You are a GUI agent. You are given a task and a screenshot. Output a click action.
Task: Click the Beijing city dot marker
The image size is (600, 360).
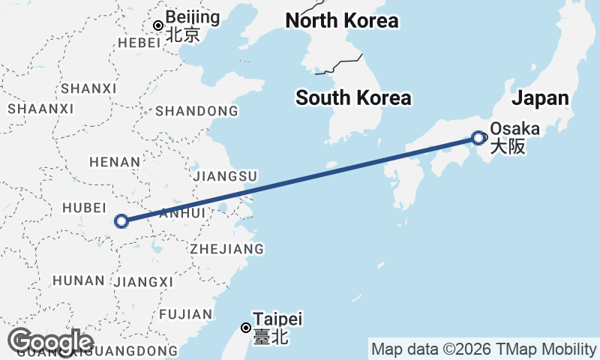point(158,25)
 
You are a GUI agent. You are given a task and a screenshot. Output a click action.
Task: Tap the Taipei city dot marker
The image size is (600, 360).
point(245,328)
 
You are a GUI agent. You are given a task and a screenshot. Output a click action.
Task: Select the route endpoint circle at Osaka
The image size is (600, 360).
point(478,137)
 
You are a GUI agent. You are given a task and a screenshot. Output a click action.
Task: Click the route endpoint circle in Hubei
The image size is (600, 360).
point(121,221)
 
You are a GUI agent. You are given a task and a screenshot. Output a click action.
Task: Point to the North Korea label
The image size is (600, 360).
point(342,20)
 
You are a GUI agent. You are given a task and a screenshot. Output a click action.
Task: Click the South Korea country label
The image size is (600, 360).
point(353,97)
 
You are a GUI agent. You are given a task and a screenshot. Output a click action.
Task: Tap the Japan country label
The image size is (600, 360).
point(540,98)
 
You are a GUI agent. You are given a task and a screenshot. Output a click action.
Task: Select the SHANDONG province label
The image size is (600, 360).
point(197,112)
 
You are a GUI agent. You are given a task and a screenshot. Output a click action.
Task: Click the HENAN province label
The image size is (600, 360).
point(114,161)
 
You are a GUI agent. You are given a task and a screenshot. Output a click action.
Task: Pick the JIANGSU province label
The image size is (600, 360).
point(225,176)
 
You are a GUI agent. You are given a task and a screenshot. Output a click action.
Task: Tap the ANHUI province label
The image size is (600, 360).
point(182,214)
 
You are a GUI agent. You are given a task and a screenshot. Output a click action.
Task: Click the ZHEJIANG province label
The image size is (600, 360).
point(226,248)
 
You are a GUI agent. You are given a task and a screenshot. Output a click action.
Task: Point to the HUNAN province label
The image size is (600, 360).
point(78,280)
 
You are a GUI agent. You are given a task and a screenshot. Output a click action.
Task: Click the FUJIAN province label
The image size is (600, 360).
point(181,313)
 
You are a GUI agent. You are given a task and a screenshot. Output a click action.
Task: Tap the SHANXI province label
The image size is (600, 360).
point(88,88)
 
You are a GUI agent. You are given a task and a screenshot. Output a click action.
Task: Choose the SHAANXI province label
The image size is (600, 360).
point(40,109)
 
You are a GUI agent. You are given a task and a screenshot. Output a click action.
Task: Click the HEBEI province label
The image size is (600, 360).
point(139,43)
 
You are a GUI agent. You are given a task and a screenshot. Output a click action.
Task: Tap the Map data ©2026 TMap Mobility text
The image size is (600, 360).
point(483,349)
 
